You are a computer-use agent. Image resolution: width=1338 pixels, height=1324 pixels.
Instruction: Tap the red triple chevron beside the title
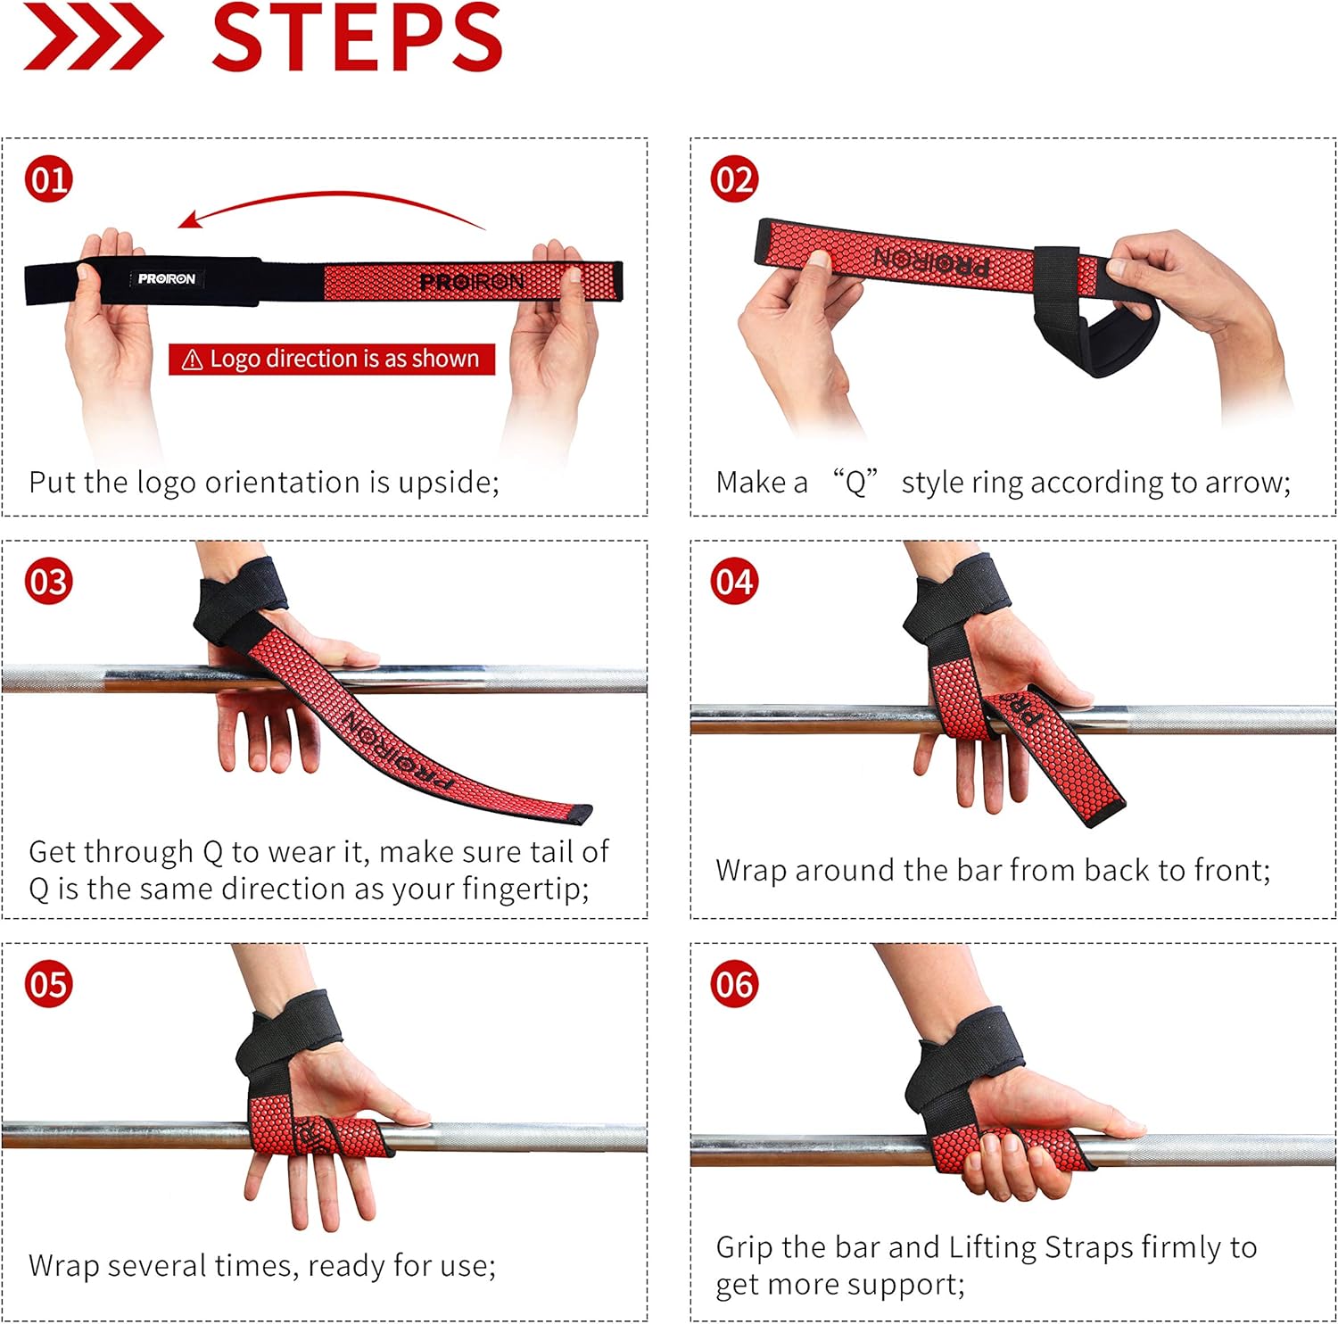(x=93, y=37)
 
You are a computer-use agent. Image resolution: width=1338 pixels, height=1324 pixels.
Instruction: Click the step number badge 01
(x=48, y=179)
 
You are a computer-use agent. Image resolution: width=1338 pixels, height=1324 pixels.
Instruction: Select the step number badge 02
(x=734, y=179)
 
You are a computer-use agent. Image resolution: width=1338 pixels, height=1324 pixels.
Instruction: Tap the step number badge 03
(x=48, y=582)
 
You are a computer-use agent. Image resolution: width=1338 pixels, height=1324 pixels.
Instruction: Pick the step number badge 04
(x=734, y=582)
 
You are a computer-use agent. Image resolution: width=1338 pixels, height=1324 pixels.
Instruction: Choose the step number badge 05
(x=48, y=984)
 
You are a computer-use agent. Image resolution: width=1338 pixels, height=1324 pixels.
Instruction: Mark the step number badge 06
(x=734, y=984)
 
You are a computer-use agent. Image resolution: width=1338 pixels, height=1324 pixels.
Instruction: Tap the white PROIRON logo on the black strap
(x=167, y=279)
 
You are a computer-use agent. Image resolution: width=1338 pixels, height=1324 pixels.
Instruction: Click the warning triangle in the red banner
(x=192, y=360)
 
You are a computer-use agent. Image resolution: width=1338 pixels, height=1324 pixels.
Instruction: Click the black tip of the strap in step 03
(x=579, y=814)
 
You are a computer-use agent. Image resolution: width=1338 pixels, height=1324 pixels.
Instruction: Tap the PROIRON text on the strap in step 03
(x=398, y=751)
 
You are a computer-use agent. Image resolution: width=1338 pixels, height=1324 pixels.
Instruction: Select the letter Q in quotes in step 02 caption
(x=855, y=484)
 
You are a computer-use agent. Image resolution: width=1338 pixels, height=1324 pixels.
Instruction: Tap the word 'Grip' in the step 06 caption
(x=745, y=1248)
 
